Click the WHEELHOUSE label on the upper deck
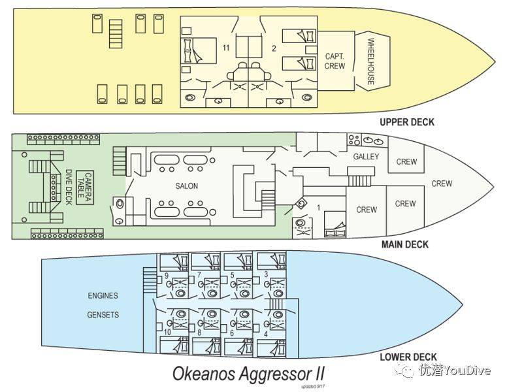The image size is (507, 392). pyautogui.click(x=370, y=62)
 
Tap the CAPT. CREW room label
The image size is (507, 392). pyautogui.click(x=335, y=61)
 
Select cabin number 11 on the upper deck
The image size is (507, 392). pyautogui.click(x=225, y=48)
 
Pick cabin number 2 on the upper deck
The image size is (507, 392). pyautogui.click(x=274, y=48)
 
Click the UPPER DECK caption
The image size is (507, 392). pyautogui.click(x=407, y=122)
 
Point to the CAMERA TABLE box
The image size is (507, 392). pyautogui.click(x=85, y=188)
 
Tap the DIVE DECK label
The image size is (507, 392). pyautogui.click(x=69, y=188)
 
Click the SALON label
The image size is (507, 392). pyautogui.click(x=187, y=186)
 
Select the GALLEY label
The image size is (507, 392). pyautogui.click(x=366, y=157)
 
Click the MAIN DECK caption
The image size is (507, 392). pyautogui.click(x=405, y=244)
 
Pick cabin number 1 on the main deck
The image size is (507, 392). pyautogui.click(x=318, y=207)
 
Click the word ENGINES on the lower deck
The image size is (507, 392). pyautogui.click(x=103, y=295)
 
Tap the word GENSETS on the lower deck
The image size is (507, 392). pyautogui.click(x=103, y=314)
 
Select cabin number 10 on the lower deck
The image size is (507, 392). pyautogui.click(x=167, y=332)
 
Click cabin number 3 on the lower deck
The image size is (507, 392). pyautogui.click(x=266, y=274)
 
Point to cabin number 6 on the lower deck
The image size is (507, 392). pyautogui.click(x=232, y=333)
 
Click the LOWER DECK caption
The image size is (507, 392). pyautogui.click(x=408, y=357)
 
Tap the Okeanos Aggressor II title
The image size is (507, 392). pyautogui.click(x=248, y=374)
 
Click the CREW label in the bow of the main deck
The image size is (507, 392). pyautogui.click(x=442, y=184)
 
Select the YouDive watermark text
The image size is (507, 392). pyautogui.click(x=466, y=370)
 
